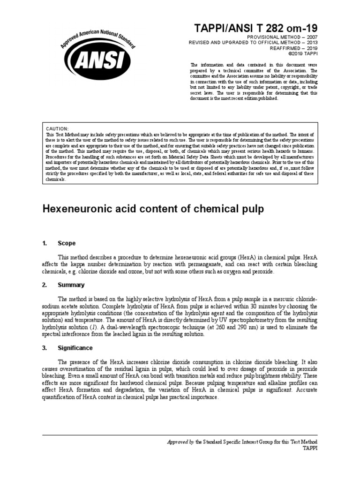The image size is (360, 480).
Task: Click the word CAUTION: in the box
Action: pos(58,128)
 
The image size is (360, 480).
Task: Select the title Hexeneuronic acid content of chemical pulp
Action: pos(153,209)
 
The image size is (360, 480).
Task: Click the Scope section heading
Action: pos(66,243)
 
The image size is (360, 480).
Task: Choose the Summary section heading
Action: pos(71,285)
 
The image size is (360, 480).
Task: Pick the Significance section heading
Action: pos(75,348)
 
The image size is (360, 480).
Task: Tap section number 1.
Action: pos(45,243)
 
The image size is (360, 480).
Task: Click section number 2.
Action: pos(45,285)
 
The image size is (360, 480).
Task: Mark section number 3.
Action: pos(45,348)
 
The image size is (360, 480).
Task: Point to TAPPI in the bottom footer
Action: pos(309,449)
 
